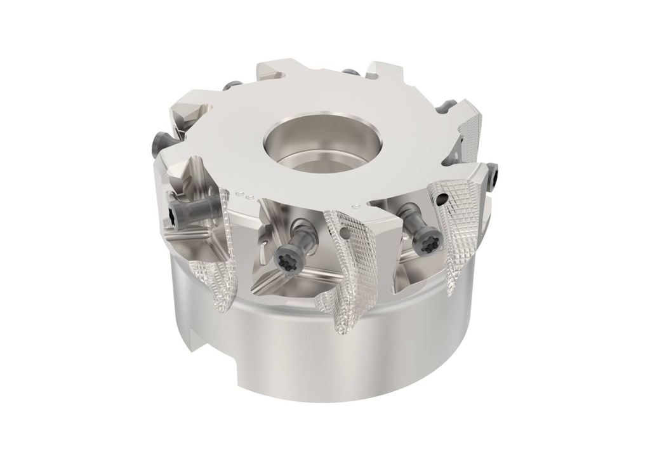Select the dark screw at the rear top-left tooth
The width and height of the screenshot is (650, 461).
point(234,84)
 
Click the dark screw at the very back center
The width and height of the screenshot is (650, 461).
point(348,72)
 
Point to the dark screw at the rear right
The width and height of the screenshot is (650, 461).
point(449,104)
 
